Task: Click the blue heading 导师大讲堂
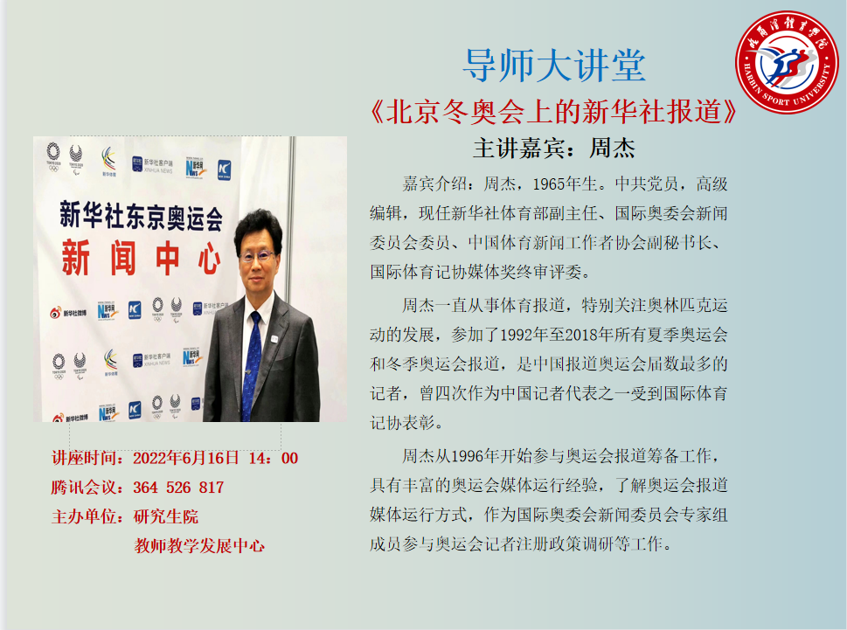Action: click(x=554, y=66)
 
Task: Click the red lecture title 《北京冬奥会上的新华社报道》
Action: click(x=553, y=112)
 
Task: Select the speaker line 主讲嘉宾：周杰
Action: click(x=554, y=148)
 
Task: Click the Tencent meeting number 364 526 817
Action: click(x=179, y=488)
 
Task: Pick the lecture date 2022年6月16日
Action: click(x=186, y=459)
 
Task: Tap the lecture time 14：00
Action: click(x=274, y=459)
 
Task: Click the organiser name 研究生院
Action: click(x=166, y=516)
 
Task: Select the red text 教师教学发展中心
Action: click(x=199, y=546)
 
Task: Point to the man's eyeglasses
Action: click(x=257, y=255)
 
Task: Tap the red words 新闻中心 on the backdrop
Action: click(x=141, y=258)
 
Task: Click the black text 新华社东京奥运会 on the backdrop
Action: click(x=141, y=216)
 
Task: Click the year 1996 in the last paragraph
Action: click(x=468, y=457)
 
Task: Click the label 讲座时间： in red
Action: click(x=92, y=459)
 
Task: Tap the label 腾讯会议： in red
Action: click(x=92, y=488)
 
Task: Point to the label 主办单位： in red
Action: click(x=92, y=516)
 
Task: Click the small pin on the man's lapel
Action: click(x=274, y=339)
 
